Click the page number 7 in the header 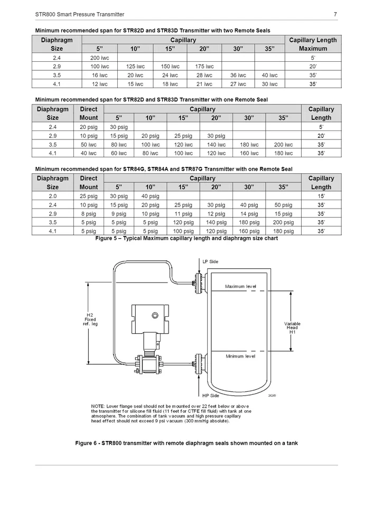pos(335,14)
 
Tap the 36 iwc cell pos(238,75)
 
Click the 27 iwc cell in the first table pos(238,83)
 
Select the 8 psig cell pos(88,214)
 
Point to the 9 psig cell pos(119,214)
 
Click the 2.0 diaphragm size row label pos(53,196)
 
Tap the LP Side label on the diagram pos(210,261)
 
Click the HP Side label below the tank pos(210,395)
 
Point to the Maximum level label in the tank pos(240,286)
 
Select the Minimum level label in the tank pos(240,356)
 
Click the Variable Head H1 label pos(292,327)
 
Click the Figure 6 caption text pos(186,442)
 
